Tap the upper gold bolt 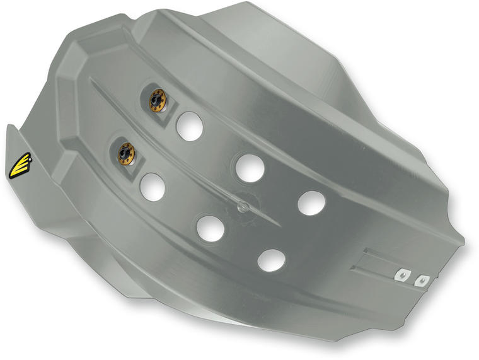point(156,98)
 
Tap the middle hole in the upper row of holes point(250,168)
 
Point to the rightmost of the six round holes point(311,202)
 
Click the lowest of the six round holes point(271,259)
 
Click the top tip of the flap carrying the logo point(9,126)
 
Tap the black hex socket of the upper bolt point(155,98)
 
